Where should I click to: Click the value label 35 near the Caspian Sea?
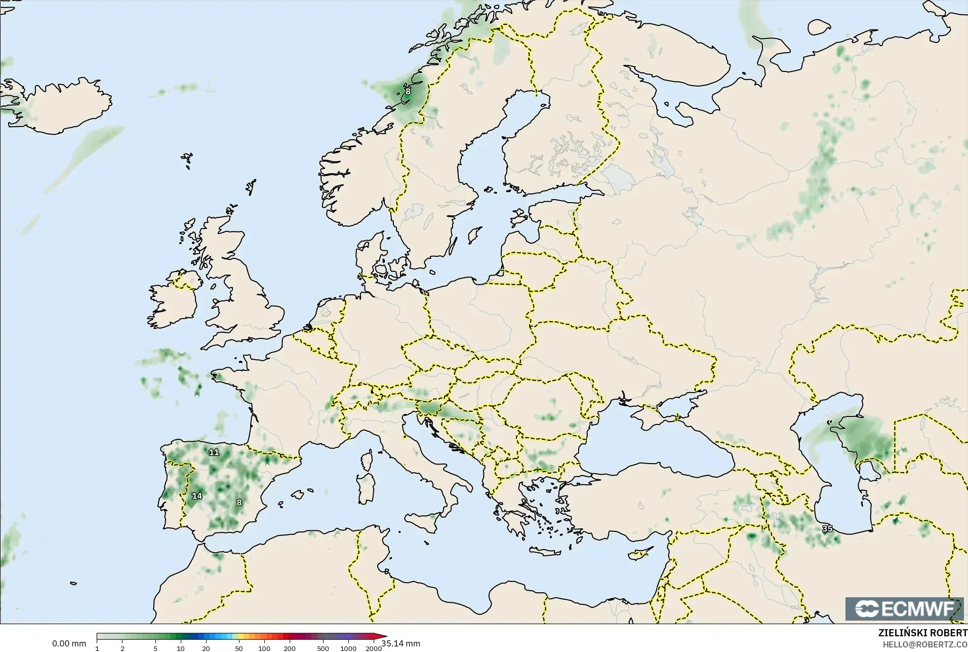coord(827,528)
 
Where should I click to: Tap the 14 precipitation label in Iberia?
coord(197,496)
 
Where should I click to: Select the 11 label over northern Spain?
coord(214,452)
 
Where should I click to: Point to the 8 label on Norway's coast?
coord(408,92)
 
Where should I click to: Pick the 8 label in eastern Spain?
coord(239,503)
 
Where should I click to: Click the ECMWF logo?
coord(904,608)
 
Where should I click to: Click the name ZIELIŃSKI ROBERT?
coord(922,633)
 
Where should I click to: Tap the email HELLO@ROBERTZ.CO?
coord(925,644)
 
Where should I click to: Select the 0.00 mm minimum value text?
coord(69,643)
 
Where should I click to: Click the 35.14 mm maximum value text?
coord(400,643)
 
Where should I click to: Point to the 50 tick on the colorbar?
coord(238,648)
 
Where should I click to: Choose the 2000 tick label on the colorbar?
coord(374,648)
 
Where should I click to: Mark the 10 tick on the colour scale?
coord(181,648)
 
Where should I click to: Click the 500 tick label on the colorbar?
coord(322,648)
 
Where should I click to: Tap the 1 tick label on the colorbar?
coord(97,648)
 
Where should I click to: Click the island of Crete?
coord(549,552)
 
